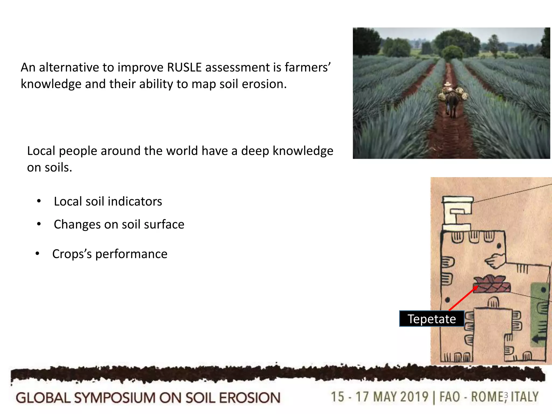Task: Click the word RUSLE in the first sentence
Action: tap(184, 68)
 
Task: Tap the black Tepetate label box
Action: tap(432, 319)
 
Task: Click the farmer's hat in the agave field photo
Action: tap(448, 84)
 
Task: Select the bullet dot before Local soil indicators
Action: tap(39, 201)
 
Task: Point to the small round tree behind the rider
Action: tap(452, 53)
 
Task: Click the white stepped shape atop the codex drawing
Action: tap(457, 213)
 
